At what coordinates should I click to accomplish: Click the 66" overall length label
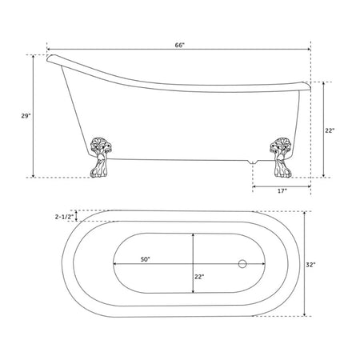point(180,45)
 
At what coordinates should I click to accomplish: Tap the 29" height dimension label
point(26,116)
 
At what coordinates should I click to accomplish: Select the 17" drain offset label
point(282,191)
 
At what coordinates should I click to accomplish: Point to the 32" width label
point(310,265)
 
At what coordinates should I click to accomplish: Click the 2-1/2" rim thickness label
point(64,217)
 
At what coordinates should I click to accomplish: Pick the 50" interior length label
point(146,259)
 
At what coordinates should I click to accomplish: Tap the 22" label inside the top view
point(199,277)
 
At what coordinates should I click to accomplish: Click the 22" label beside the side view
point(330,130)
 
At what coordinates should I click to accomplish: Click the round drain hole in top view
point(242,264)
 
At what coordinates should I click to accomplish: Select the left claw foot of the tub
point(100,158)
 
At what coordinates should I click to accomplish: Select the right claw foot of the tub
point(280,158)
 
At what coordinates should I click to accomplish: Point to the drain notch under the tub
point(252,162)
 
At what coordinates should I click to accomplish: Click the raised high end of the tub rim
point(53,58)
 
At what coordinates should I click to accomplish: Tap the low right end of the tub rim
point(306,86)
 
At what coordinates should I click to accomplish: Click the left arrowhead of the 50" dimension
point(115,264)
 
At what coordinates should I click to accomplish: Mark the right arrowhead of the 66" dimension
point(309,50)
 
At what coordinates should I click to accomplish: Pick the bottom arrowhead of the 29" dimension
point(34,175)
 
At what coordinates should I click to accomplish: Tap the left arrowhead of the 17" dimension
point(254,186)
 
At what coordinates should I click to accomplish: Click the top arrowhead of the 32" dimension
point(305,214)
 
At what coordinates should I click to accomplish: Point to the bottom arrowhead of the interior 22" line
point(193,290)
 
